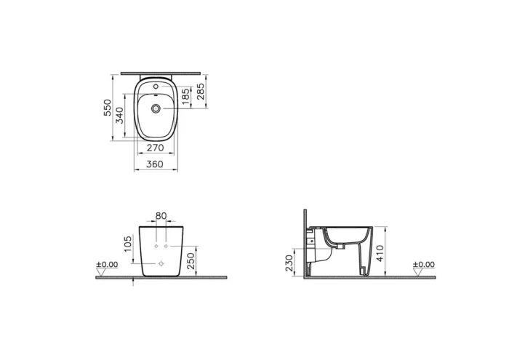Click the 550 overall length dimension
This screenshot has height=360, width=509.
coord(108,109)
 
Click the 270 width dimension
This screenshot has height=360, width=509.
coord(155,148)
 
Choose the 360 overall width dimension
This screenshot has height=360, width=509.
coord(155,164)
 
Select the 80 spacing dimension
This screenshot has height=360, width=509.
coord(161,216)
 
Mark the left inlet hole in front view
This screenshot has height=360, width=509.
coord(156,247)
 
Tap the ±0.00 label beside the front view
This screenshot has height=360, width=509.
coord(106,265)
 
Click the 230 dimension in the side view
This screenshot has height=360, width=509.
coord(289,261)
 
